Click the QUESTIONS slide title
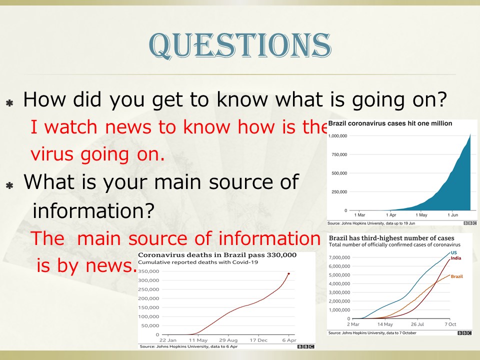coord(240,45)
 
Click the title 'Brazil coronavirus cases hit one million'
coord(390,123)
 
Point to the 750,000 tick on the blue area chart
coord(339,154)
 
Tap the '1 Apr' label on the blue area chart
coord(391,215)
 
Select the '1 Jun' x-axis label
coord(453,215)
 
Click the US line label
coord(453,252)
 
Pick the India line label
coord(456,258)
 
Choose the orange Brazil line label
coord(456,276)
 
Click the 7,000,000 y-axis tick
coord(339,257)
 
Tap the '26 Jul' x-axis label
coord(417,324)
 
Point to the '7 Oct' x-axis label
coord(450,324)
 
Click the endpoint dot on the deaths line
coord(288,273)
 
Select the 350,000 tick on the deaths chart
coord(148,271)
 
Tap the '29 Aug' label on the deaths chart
coord(228,340)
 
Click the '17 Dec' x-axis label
coord(258,340)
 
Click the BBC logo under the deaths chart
coord(306,346)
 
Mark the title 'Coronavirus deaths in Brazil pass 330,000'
coord(217,255)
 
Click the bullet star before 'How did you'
coord(9,103)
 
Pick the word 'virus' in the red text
coord(52,154)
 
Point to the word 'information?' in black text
coord(93,211)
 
